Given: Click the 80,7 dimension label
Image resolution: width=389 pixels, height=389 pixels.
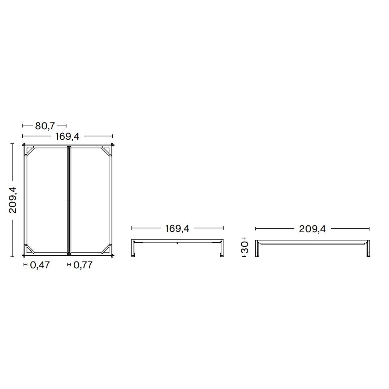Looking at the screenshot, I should click(x=45, y=126).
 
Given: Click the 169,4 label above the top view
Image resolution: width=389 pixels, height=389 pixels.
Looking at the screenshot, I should click(x=67, y=136).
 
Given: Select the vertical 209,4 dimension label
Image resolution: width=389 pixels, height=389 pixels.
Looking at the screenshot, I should click(x=13, y=200).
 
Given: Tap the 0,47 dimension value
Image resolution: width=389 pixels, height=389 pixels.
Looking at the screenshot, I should click(x=40, y=265).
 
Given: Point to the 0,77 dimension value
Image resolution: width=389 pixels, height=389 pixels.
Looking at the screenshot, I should click(x=83, y=265).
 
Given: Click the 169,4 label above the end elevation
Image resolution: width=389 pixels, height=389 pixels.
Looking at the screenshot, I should click(x=177, y=228).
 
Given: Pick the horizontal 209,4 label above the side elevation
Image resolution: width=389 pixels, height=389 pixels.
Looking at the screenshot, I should click(x=312, y=229).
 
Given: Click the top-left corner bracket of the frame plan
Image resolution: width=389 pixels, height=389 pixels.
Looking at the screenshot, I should click(x=30, y=151).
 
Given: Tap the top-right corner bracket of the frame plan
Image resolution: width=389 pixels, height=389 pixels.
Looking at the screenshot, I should click(x=107, y=151).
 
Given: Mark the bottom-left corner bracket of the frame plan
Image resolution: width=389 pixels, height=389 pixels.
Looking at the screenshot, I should click(x=30, y=249).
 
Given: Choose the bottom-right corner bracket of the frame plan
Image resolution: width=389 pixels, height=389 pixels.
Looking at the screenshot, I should click(x=107, y=249).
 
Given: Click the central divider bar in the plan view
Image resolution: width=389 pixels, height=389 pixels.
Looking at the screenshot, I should click(x=69, y=200).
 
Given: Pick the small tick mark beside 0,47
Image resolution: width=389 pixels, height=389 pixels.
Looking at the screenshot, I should click(x=25, y=265).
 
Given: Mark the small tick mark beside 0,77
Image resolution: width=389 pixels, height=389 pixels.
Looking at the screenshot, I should click(x=69, y=265).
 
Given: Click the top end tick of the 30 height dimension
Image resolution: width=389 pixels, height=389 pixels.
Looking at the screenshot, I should click(x=245, y=238).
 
